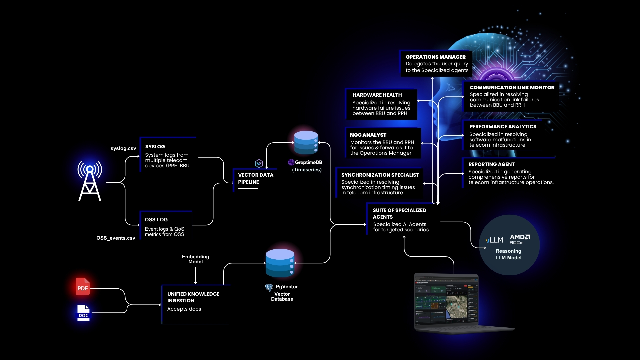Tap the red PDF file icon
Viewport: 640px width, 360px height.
(x=83, y=287)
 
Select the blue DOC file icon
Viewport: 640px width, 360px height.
(x=83, y=313)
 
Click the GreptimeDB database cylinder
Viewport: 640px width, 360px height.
(x=306, y=143)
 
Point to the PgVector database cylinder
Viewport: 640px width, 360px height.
(x=280, y=263)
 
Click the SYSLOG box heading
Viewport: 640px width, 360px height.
(x=155, y=147)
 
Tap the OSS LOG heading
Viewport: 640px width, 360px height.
(x=156, y=220)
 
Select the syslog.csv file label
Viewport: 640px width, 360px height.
(x=123, y=148)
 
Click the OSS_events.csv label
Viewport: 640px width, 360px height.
(x=116, y=238)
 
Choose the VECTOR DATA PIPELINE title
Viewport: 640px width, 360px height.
(x=255, y=178)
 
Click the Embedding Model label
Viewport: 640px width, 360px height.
(x=195, y=259)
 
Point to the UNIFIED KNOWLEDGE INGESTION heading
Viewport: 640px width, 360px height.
(x=193, y=297)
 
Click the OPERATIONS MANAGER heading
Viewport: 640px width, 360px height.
(x=435, y=57)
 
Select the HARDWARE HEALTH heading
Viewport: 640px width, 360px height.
(x=377, y=95)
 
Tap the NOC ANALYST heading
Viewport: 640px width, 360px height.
(x=368, y=135)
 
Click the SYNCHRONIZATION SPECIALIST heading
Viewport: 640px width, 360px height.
(x=380, y=175)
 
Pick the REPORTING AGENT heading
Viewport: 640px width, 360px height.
(x=491, y=164)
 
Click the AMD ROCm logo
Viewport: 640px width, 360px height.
(x=519, y=239)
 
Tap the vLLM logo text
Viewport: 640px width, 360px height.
(x=494, y=240)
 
